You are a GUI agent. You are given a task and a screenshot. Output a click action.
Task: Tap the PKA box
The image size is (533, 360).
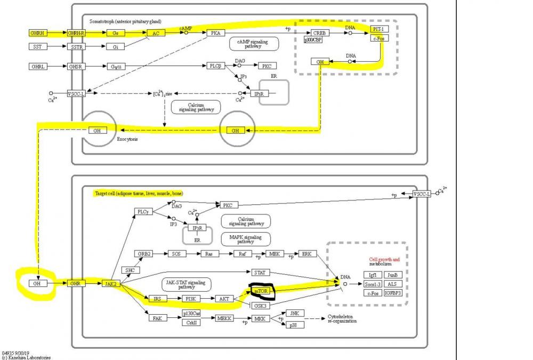coord(215,33)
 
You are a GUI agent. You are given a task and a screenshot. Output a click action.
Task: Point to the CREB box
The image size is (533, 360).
coord(319,33)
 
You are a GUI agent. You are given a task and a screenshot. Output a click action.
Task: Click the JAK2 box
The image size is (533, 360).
coord(110,283)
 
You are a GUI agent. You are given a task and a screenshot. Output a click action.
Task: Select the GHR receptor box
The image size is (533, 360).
coord(76,283)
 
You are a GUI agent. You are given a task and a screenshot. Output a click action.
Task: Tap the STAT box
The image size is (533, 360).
coord(259,273)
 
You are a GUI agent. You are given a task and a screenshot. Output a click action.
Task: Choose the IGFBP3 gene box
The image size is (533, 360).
coord(392,293)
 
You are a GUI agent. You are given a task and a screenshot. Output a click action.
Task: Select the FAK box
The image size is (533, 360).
coord(157,318)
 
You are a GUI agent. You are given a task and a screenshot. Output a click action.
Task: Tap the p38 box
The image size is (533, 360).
coord(294,325)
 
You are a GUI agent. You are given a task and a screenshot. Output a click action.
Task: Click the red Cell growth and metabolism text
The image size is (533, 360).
coord(384,261)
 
